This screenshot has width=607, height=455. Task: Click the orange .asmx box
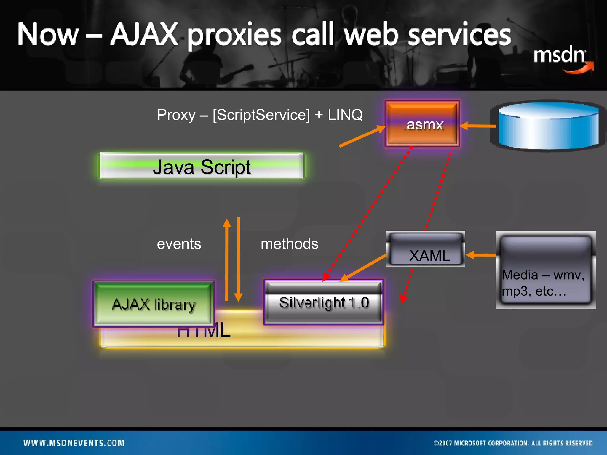coord(422,124)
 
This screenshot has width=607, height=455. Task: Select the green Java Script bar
coord(202,166)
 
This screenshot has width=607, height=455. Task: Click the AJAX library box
coord(153,304)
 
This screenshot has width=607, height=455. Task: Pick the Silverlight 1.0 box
coord(324,302)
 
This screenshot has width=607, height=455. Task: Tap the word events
coord(179,244)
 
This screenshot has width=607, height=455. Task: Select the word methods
coord(289,244)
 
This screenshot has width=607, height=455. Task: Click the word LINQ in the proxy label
coord(345,115)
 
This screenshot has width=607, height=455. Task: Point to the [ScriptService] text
coord(261,115)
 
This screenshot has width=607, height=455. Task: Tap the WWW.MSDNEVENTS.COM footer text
coord(74,443)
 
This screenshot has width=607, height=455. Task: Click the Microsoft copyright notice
coord(513,443)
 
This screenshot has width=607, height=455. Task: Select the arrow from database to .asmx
coord(477,126)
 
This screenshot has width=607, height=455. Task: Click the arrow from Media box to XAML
coord(480,255)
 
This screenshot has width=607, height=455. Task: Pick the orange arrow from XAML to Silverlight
coord(363,267)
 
